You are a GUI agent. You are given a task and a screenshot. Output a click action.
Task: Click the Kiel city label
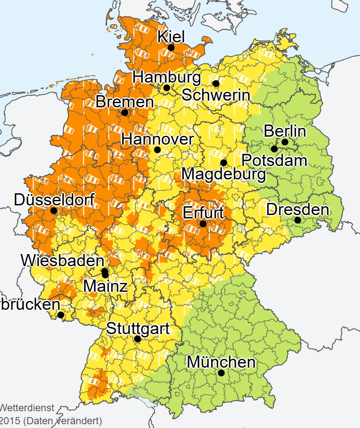coord(171,36)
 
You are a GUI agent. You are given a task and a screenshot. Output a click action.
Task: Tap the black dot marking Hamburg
coord(167,88)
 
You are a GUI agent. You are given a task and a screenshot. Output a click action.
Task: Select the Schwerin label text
coord(216,95)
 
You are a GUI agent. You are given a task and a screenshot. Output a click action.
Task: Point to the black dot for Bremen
coord(125,112)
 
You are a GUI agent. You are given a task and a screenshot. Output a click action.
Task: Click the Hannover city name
coord(157,139)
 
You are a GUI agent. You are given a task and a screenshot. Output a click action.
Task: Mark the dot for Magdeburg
coord(224,163)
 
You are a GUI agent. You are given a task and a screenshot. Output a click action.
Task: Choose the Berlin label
coord(285,131)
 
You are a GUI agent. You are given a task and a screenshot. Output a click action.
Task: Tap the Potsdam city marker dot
coord(274,149)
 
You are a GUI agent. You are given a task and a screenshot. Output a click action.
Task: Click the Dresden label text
coord(297,209)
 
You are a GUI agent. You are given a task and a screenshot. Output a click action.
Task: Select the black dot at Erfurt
coord(203,224)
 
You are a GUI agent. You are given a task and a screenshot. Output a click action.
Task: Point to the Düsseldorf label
coord(54,200)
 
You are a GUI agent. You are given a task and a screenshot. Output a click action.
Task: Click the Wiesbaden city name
coord(63,260)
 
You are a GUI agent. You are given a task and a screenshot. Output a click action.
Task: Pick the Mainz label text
coord(105,286)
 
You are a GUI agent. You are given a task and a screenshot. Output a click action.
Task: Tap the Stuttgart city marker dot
coord(137,339)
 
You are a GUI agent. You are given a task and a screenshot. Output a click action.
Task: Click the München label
coord(221,361)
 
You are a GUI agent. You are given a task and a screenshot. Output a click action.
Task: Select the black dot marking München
coord(221,373)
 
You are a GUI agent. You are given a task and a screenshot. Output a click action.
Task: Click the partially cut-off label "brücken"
coord(29,304)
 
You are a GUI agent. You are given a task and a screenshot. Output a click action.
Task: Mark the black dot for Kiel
coord(171,48)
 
